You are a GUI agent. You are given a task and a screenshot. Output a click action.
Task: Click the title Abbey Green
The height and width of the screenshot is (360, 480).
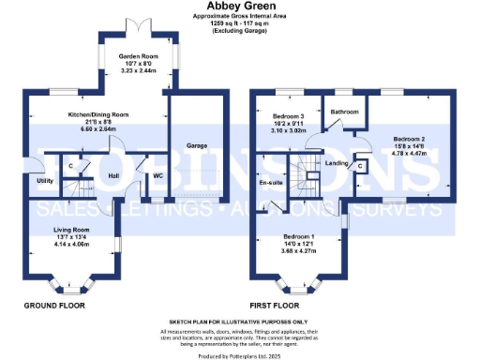pyautogui.click(x=240, y=7)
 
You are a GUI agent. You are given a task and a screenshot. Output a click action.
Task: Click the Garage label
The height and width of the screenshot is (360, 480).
pyautogui.click(x=196, y=145)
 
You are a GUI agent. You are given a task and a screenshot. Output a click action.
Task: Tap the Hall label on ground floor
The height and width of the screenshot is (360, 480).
pyautogui.click(x=113, y=175)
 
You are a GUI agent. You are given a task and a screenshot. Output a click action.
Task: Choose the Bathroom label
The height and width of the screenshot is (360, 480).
pyautogui.click(x=344, y=112)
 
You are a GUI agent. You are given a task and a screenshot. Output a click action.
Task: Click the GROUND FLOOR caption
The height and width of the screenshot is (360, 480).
pyautogui.click(x=53, y=306)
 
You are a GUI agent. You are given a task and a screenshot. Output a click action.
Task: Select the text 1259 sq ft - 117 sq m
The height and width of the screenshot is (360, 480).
pyautogui.click(x=240, y=23)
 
